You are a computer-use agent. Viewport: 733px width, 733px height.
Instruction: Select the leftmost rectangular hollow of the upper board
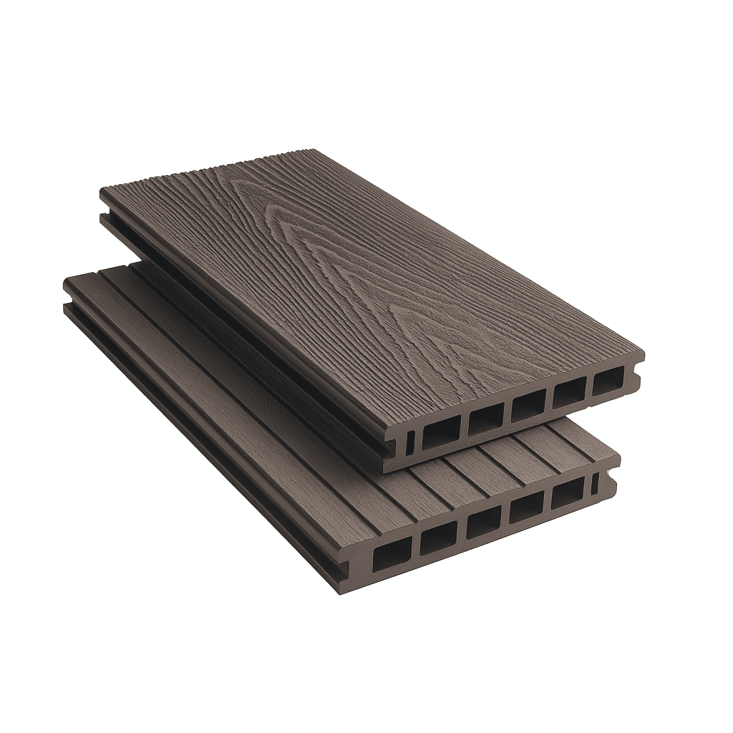[440, 432]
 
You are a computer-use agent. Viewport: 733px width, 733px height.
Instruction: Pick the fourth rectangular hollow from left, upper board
[569, 392]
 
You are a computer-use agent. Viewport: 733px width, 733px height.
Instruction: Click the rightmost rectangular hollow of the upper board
[608, 380]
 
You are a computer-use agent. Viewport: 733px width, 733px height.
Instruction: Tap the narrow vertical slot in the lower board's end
[594, 484]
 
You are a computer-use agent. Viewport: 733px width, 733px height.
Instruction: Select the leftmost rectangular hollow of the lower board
[392, 553]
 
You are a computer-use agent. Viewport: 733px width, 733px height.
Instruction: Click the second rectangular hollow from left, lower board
[438, 538]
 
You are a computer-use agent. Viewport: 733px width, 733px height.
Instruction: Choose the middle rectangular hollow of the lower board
[483, 522]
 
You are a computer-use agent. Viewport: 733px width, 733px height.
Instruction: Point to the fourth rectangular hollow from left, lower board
[526, 507]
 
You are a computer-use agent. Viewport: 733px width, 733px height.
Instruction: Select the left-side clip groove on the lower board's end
[344, 570]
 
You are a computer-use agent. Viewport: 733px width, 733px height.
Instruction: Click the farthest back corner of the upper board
[312, 150]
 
